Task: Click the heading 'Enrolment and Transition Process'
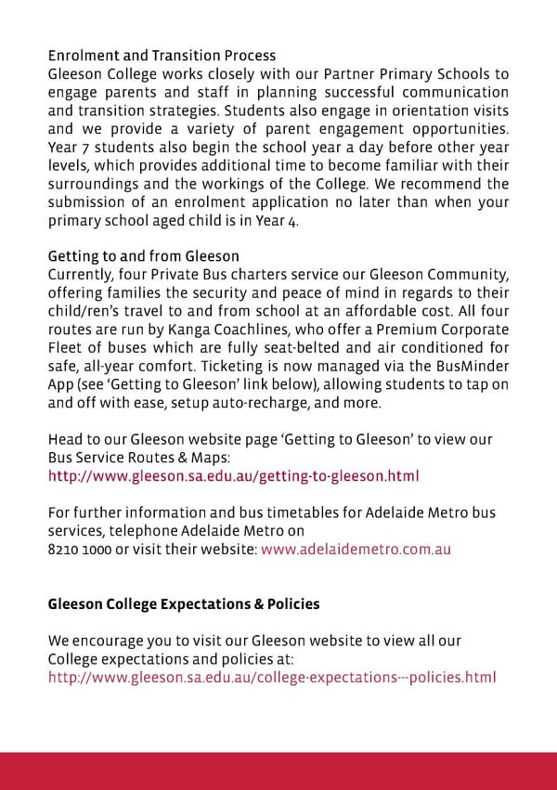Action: pos(162,56)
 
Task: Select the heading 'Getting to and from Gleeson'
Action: pos(143,256)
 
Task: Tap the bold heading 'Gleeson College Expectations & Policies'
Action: pos(184,603)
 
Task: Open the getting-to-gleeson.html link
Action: pos(233,476)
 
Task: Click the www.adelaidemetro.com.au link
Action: pos(356,549)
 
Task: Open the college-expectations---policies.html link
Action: pos(272,677)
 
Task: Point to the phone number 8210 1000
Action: pos(81,549)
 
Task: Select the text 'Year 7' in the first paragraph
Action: pos(69,148)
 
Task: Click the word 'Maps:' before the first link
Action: pos(194,458)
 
